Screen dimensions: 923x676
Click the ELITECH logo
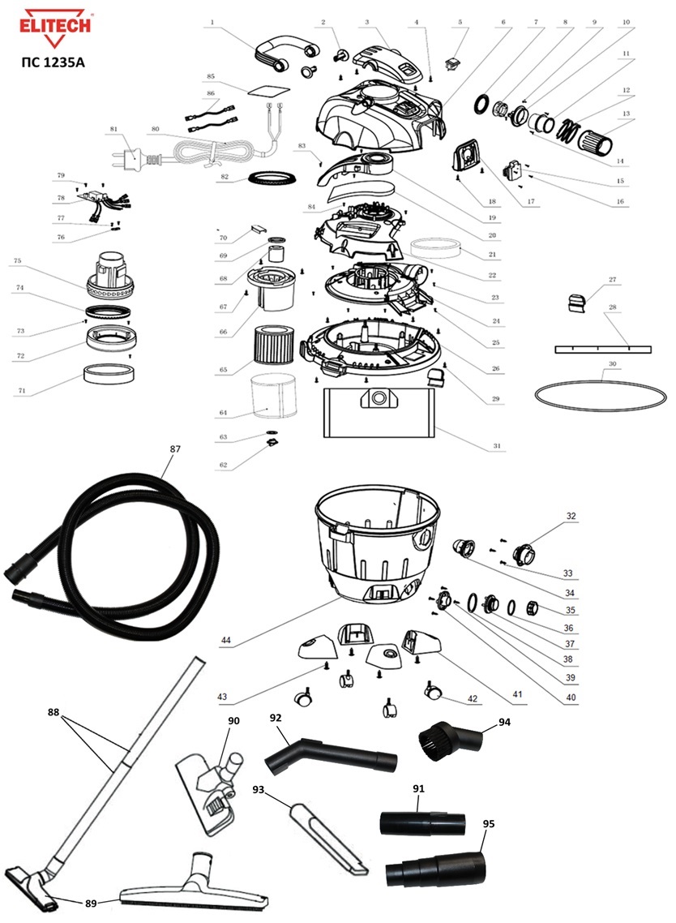[x=49, y=24]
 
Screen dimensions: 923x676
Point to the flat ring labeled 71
[x=109, y=376]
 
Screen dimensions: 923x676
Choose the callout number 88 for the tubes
[x=54, y=712]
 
